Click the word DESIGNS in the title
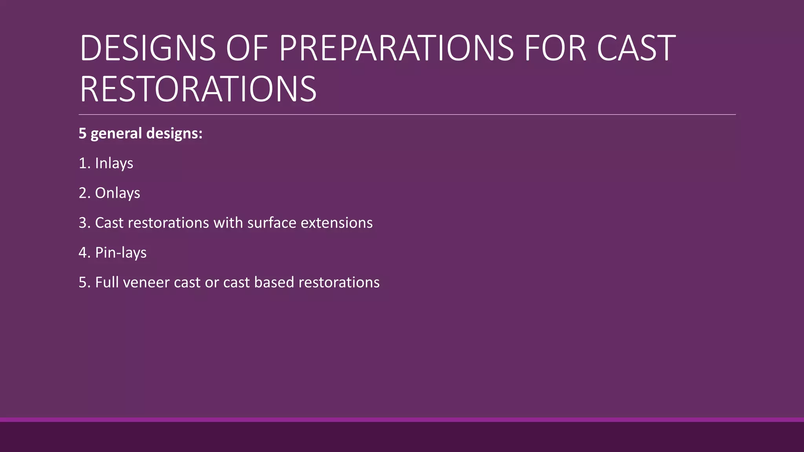[148, 48]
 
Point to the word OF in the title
[247, 48]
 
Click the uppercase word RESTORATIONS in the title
[198, 89]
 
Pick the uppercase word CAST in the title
[636, 48]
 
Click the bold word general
[116, 134]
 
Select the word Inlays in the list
[114, 163]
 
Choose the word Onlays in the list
[117, 193]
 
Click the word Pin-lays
[121, 253]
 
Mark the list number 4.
[84, 253]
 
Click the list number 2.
[84, 193]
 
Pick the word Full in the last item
[107, 282]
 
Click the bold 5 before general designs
[82, 134]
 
